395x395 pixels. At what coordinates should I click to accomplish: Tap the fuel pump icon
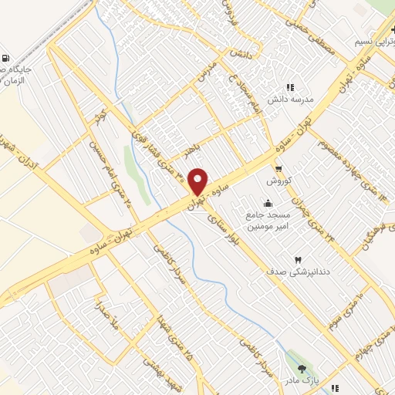coord(7,59)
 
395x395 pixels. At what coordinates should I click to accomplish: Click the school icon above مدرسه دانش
coord(291,88)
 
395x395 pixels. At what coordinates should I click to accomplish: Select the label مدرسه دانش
coord(289,101)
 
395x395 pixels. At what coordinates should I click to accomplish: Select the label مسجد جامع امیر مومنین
coord(268,221)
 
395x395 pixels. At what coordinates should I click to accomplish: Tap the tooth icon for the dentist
coord(299,259)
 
